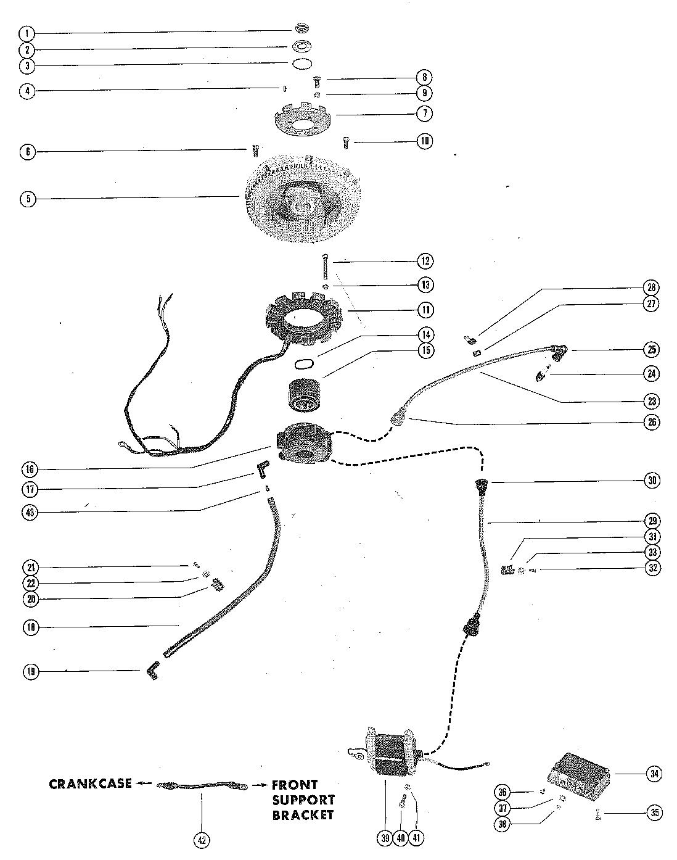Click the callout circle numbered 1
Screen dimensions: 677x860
click(x=27, y=33)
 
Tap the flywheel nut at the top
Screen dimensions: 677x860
click(x=302, y=28)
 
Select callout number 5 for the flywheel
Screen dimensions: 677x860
click(x=27, y=199)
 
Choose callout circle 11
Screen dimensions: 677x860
click(x=424, y=310)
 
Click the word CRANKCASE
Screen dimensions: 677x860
click(x=91, y=784)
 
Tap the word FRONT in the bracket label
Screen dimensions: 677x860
click(x=295, y=785)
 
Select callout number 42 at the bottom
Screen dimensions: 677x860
click(x=201, y=840)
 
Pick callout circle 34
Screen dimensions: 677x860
click(x=654, y=773)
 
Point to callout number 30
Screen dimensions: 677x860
click(x=652, y=481)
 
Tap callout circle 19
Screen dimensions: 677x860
click(x=31, y=672)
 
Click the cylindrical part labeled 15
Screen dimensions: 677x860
click(x=304, y=395)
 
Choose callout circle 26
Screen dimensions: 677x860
click(x=652, y=422)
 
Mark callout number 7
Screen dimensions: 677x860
click(x=424, y=114)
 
